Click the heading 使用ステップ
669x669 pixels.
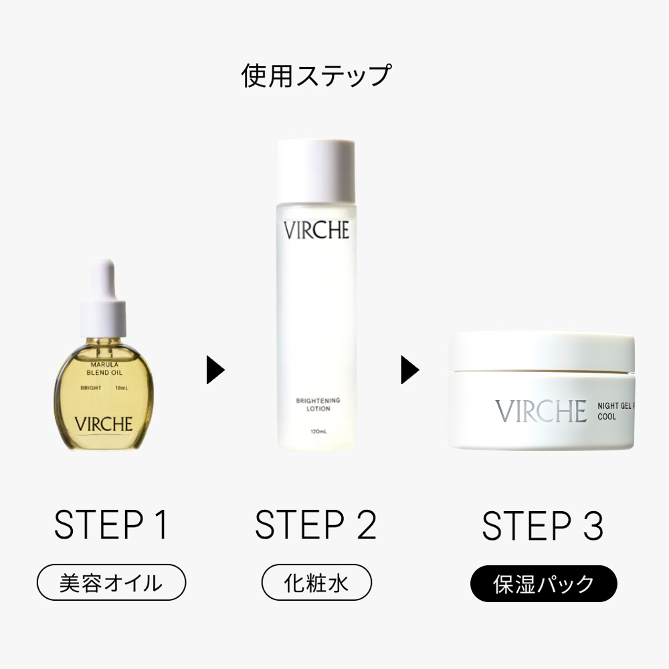316,76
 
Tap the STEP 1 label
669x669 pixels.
111,525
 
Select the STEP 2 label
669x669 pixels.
316,525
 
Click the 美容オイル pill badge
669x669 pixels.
111,583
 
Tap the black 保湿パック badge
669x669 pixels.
543,583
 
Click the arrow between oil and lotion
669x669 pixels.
215,370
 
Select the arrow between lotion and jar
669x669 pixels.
409,370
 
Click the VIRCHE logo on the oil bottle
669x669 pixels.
104,423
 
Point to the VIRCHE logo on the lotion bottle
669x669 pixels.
316,231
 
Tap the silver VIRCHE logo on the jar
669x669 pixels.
541,411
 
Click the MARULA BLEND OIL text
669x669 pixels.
103,368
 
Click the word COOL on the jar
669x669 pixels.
607,416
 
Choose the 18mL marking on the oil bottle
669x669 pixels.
122,388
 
